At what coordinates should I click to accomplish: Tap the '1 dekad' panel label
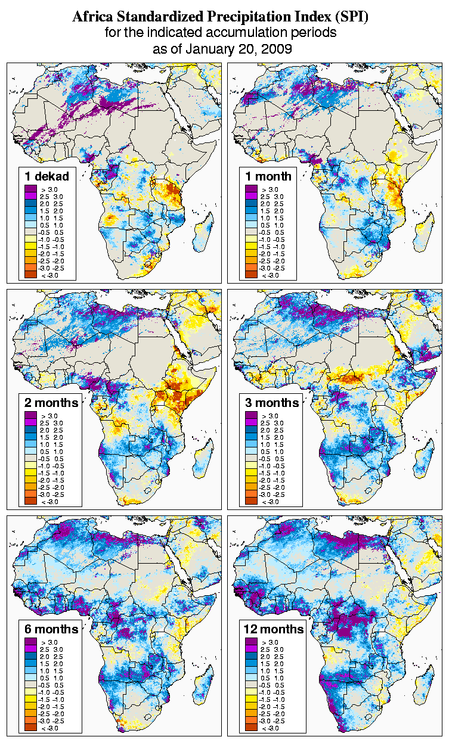pyautogui.click(x=47, y=176)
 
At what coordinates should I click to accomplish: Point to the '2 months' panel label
pyautogui.click(x=51, y=403)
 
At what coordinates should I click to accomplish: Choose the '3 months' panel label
pyautogui.click(x=272, y=403)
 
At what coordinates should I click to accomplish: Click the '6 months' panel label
pyautogui.click(x=51, y=629)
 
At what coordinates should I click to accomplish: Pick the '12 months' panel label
pyautogui.click(x=274, y=629)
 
